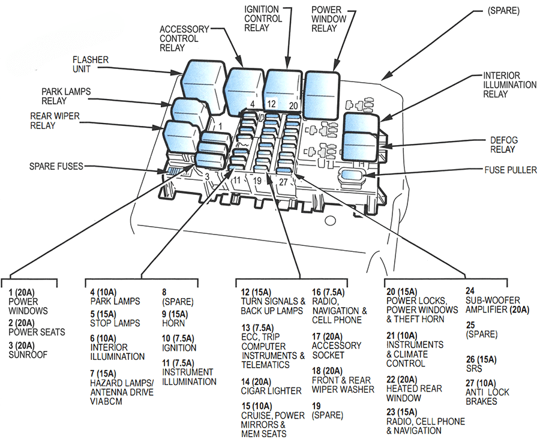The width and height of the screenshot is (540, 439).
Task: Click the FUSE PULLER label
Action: point(511,170)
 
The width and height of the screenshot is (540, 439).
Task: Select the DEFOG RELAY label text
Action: point(503,145)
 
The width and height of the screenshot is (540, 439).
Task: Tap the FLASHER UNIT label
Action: point(90,65)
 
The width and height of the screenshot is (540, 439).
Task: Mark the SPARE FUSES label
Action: point(57,166)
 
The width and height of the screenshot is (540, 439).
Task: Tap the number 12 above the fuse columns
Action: point(271,104)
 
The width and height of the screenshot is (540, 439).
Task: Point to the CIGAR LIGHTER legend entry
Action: point(271,390)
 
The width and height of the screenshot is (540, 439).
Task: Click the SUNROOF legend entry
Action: point(28,354)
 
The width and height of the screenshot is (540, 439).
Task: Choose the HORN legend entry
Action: point(174,323)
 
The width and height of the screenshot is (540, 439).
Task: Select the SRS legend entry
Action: point(473,369)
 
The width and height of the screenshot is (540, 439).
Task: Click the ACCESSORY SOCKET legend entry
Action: point(337,350)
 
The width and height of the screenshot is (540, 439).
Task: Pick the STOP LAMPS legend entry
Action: point(115,323)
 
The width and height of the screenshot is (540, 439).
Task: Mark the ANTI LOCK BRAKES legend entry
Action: point(487,396)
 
